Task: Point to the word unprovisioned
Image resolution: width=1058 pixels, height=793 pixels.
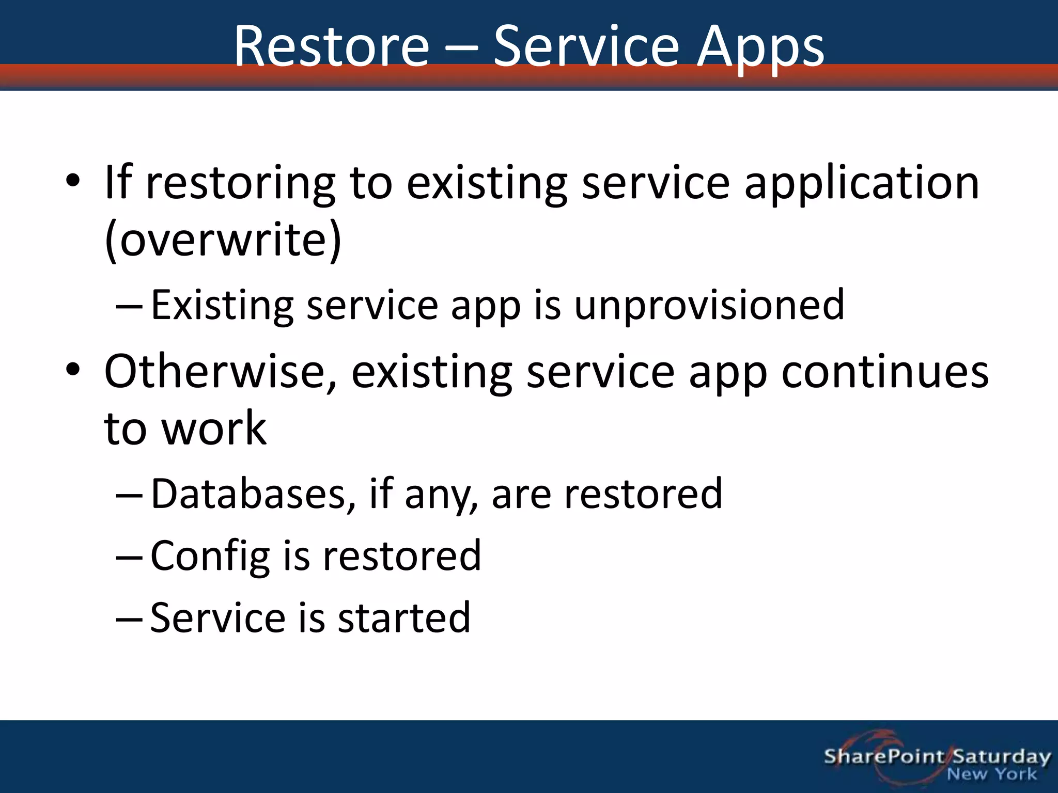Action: (709, 305)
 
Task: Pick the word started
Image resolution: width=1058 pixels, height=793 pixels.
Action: (404, 617)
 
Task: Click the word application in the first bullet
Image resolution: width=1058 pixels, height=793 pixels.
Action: (862, 183)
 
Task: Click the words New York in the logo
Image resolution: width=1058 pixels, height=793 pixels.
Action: (991, 774)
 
